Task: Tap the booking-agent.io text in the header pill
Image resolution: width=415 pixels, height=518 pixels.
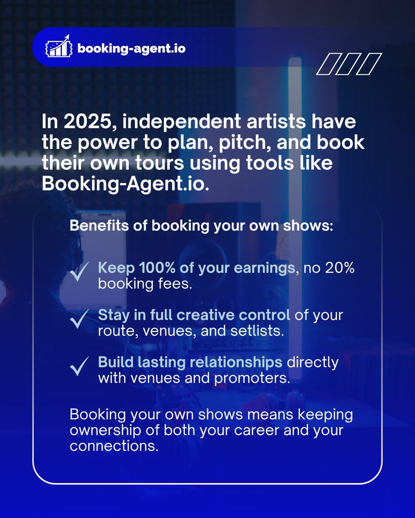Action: pos(131,48)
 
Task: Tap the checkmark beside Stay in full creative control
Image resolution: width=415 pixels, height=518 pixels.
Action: pos(80,321)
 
